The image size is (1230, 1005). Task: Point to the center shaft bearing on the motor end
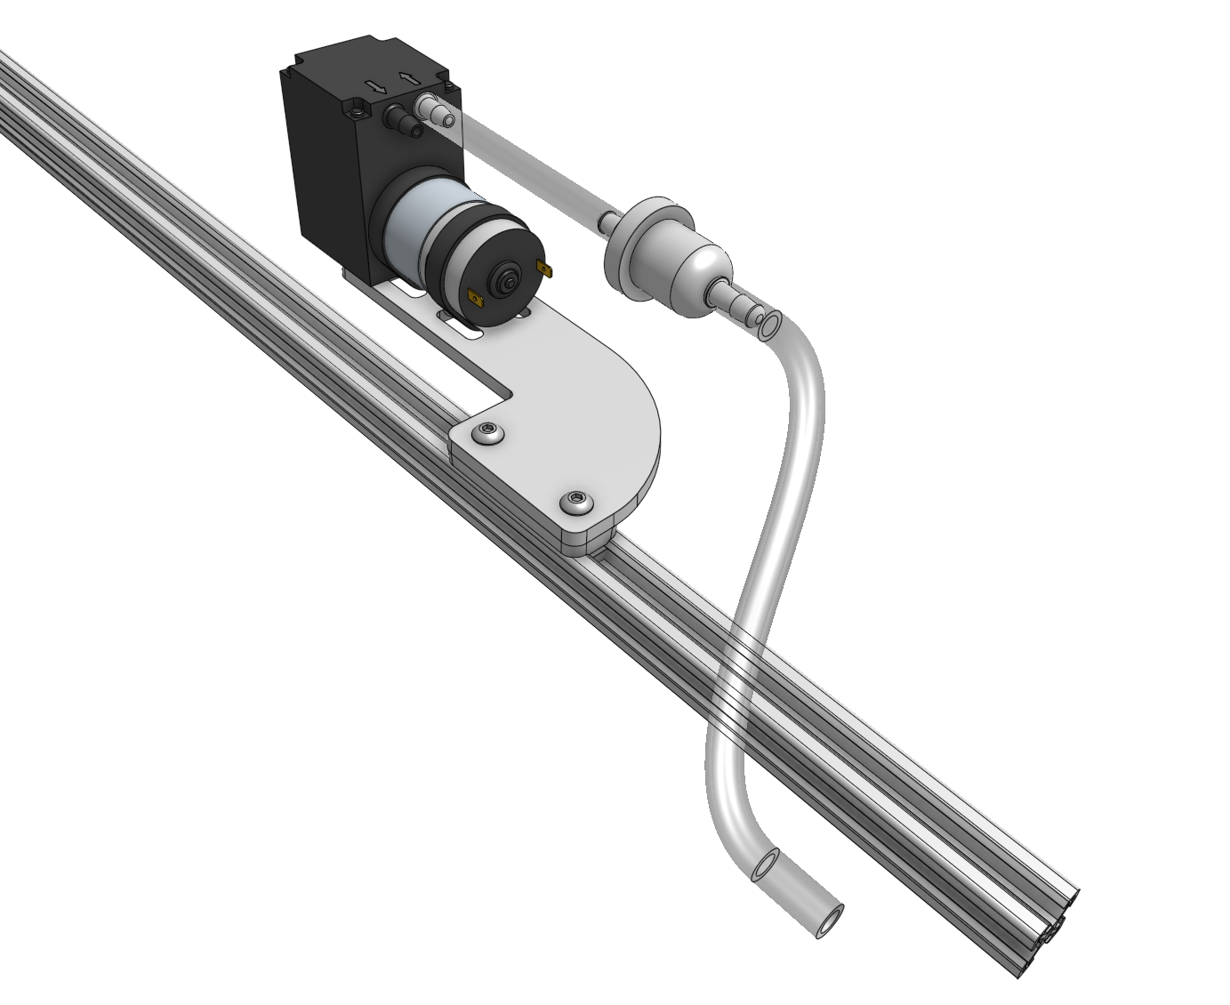(x=508, y=281)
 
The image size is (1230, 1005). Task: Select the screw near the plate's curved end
(x=576, y=504)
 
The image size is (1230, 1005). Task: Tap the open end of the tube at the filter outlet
(x=770, y=324)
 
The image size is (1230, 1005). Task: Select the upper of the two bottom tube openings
(x=765, y=864)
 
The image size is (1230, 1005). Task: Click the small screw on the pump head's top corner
(x=358, y=112)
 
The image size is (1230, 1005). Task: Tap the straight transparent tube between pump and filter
(x=525, y=164)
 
